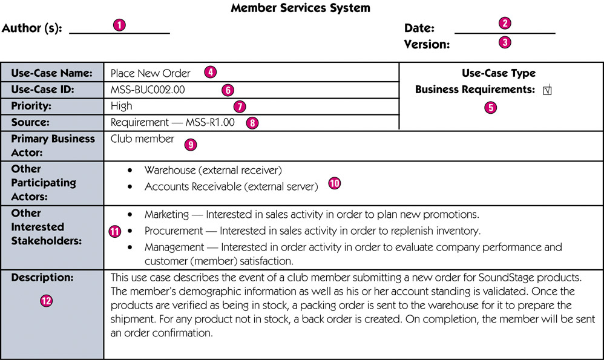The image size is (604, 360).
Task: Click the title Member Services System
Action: point(300,8)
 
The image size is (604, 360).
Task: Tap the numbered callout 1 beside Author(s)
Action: point(119,25)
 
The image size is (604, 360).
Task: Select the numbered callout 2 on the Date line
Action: point(505,23)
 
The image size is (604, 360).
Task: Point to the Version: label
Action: point(427,44)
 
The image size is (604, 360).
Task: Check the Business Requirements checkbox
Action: point(547,90)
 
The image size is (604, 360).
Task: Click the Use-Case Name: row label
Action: point(51,73)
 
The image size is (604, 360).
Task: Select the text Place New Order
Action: point(150,73)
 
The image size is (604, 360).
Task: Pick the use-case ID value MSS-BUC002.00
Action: point(148,90)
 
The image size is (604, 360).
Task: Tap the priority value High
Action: point(121,106)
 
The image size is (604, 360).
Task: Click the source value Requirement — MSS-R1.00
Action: point(172,122)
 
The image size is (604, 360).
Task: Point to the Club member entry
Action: point(142,139)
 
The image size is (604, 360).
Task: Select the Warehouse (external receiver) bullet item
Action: point(213,170)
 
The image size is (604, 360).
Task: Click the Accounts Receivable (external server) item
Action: point(231,187)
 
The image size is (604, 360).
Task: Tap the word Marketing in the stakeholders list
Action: point(166,214)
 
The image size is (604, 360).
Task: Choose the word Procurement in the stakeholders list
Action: point(173,231)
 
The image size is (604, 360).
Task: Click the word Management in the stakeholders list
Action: point(174,247)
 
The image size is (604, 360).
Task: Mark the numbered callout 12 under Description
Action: point(46,301)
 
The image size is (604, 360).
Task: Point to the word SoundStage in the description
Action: point(506,278)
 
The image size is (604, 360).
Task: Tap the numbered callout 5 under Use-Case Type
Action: point(490,108)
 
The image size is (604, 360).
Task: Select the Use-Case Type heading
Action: point(499,73)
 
